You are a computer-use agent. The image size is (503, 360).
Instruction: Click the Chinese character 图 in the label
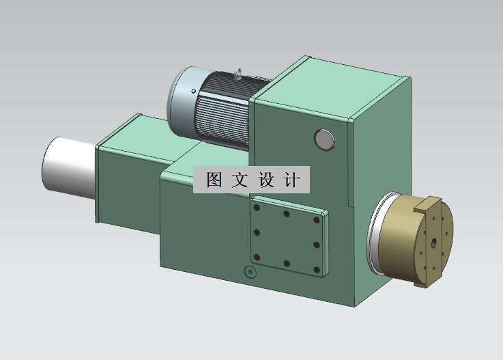tap(214, 180)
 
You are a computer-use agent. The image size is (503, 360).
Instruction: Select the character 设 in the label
tap(265, 180)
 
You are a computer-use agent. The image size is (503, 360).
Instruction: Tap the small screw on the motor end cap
tap(194, 91)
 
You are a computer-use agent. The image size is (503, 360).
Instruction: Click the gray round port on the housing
tap(324, 139)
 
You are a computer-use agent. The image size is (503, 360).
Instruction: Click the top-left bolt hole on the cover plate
tap(257, 209)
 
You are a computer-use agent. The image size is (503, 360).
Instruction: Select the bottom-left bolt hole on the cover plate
tap(257, 257)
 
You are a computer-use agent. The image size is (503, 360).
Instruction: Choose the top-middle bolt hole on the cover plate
tap(287, 214)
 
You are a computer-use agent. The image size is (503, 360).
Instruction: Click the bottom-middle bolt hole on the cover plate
tap(287, 263)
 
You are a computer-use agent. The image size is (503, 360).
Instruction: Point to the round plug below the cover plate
tap(249, 273)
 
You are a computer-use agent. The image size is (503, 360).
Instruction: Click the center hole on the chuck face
tap(435, 242)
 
